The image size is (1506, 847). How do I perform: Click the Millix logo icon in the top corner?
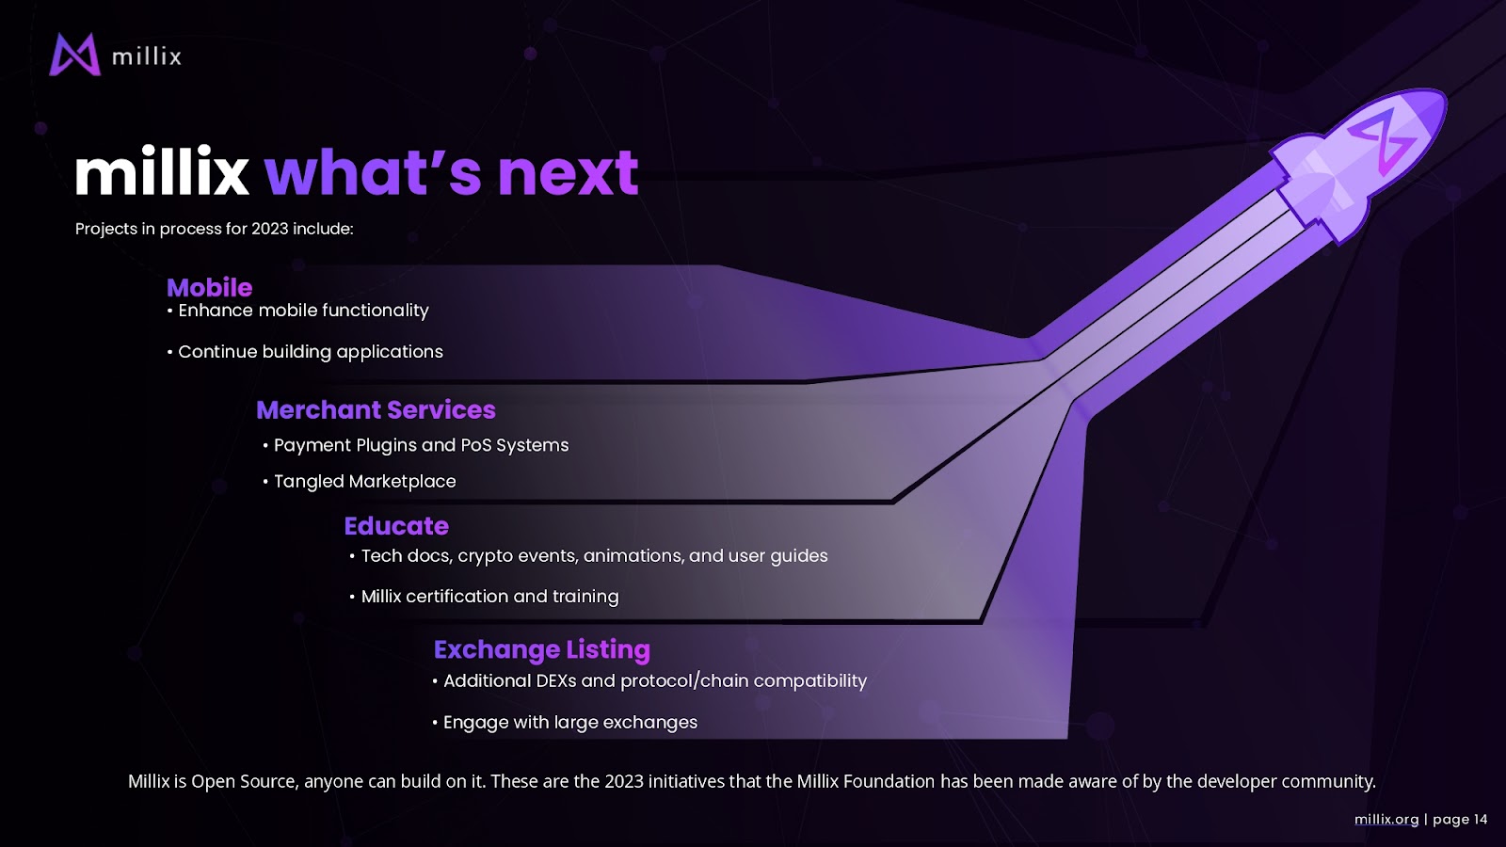[74, 55]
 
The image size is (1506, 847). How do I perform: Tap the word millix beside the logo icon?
[147, 56]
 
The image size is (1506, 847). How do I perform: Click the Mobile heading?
[209, 288]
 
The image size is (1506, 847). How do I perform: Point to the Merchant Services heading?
[376, 410]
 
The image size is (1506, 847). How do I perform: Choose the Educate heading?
[396, 526]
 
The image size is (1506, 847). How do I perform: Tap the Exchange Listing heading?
[542, 650]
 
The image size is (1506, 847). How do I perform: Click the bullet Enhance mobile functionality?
[297, 311]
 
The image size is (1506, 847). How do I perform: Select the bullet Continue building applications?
[305, 352]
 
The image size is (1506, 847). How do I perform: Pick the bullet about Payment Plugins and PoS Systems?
[415, 446]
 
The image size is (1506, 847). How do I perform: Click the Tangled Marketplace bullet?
[359, 481]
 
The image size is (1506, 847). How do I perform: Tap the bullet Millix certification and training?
[484, 597]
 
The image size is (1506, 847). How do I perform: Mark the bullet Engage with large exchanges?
[565, 723]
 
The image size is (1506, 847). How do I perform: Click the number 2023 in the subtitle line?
[269, 230]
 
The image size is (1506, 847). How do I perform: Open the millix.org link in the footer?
[1386, 820]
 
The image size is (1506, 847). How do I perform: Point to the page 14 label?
[1460, 820]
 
